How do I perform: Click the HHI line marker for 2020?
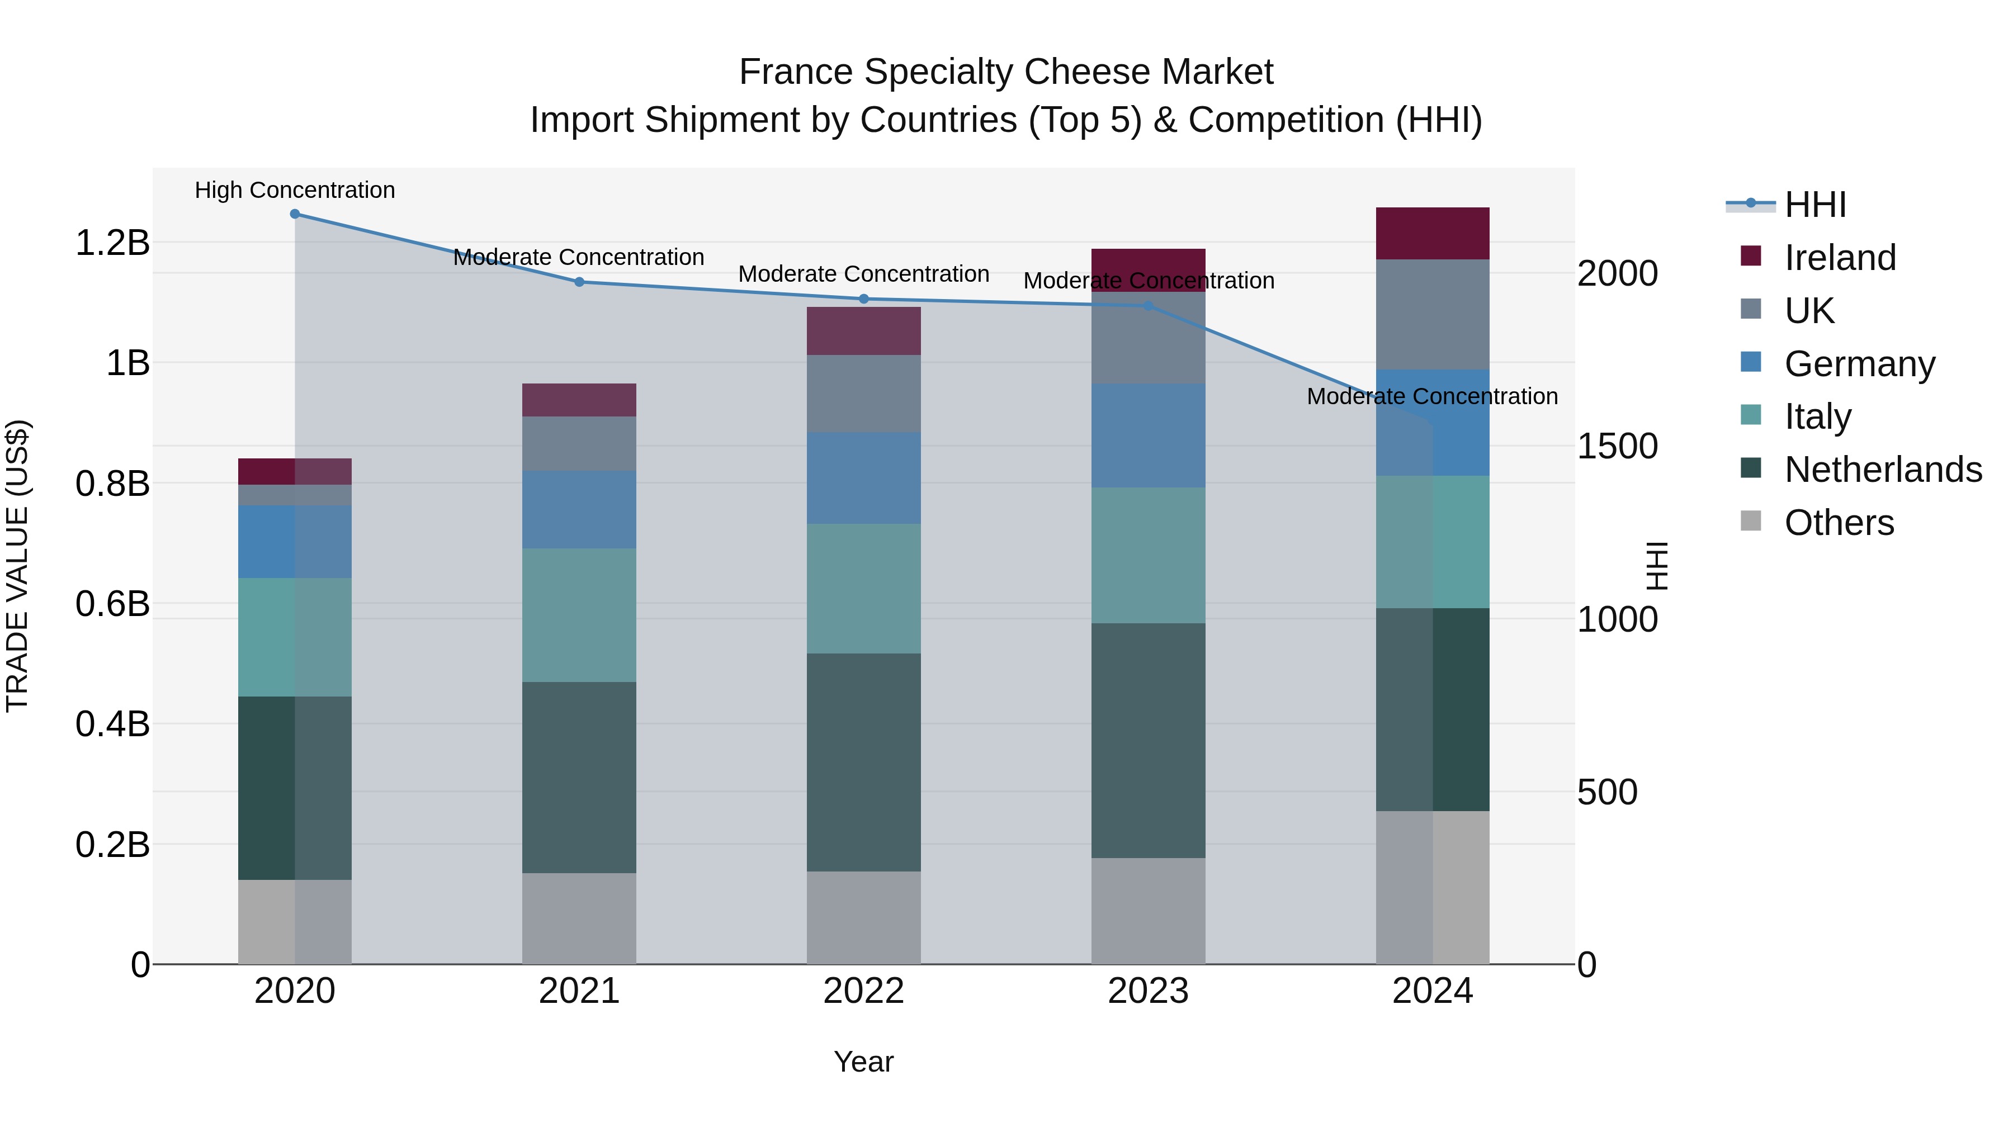coord(295,214)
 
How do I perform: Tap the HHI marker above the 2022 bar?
coord(863,299)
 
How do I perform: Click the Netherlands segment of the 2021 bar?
coord(579,778)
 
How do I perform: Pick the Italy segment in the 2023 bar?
coord(1148,556)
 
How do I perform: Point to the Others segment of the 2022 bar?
coord(863,917)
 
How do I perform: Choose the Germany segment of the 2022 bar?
coord(863,478)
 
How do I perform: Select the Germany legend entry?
coord(1859,364)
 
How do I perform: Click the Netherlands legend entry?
coord(1883,470)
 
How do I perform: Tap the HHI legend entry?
coord(1814,205)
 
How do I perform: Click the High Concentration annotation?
coord(295,190)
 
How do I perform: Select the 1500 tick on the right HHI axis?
coord(1617,446)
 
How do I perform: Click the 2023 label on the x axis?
coord(1148,991)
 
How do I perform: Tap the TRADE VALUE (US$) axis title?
coord(17,566)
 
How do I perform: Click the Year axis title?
coord(863,1062)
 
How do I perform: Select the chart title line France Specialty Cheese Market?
coord(1006,72)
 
